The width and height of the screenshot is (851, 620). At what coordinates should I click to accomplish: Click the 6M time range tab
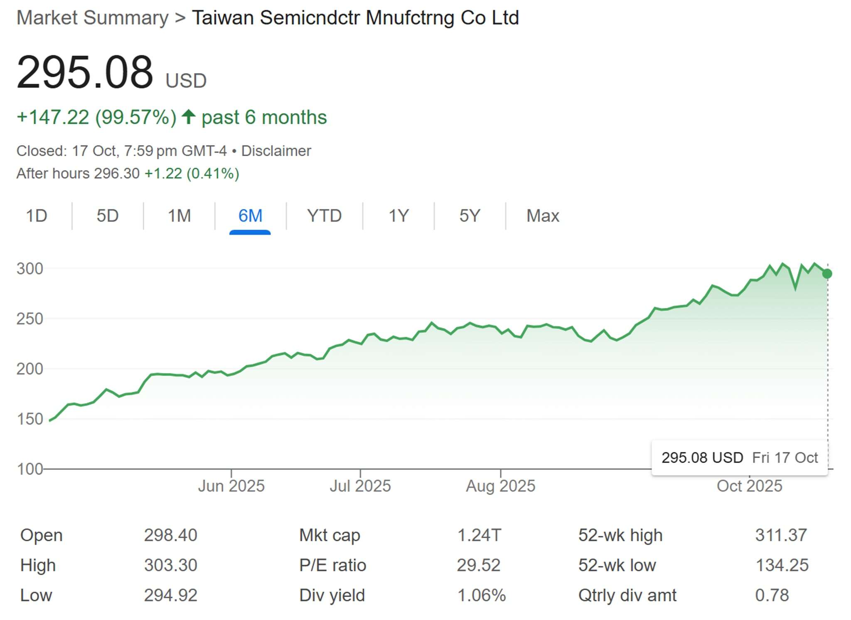[250, 216]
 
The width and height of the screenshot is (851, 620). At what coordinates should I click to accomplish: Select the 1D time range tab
[37, 216]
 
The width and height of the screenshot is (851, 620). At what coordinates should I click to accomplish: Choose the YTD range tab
[324, 216]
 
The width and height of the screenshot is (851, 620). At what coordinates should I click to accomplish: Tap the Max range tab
[543, 216]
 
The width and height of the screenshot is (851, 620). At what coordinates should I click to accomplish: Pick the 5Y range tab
[470, 216]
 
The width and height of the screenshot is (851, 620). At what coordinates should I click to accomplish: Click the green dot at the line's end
[827, 274]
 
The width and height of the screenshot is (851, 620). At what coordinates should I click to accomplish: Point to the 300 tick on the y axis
[30, 269]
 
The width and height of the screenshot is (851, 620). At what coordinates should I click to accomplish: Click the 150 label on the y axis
[30, 419]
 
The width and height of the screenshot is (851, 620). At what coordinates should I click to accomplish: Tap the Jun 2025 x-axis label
[231, 486]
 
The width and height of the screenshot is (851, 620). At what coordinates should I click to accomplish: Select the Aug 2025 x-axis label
[501, 486]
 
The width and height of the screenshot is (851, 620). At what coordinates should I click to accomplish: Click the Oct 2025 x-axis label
[749, 486]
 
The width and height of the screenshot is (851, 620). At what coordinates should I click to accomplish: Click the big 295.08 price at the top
[85, 73]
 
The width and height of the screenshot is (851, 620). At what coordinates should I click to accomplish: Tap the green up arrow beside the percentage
[189, 117]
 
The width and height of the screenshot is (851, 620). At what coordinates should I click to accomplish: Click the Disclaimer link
[276, 151]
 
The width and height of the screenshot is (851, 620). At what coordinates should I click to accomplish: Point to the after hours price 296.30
[117, 174]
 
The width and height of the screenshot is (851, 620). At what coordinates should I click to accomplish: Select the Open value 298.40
[170, 535]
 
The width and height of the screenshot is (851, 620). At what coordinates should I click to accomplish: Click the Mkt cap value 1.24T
[479, 535]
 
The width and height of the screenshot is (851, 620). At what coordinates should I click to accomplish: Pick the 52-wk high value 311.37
[781, 535]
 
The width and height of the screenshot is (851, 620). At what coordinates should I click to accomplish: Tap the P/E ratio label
[332, 565]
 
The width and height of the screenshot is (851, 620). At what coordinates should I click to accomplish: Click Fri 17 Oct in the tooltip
[785, 458]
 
